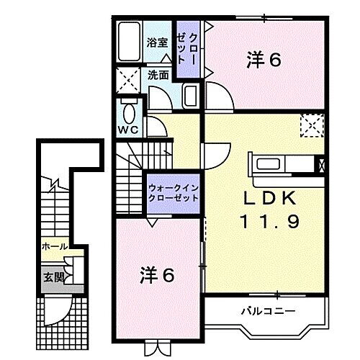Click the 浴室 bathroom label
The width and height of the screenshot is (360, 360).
(x=158, y=42)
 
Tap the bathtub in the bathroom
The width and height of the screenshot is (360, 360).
(x=132, y=42)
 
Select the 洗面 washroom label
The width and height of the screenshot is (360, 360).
(x=158, y=74)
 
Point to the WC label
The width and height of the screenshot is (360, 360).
(x=129, y=130)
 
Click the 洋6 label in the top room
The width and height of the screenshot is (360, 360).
(x=263, y=60)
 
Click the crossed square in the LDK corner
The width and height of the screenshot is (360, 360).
(x=310, y=125)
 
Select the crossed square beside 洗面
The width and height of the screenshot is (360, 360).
(x=130, y=78)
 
